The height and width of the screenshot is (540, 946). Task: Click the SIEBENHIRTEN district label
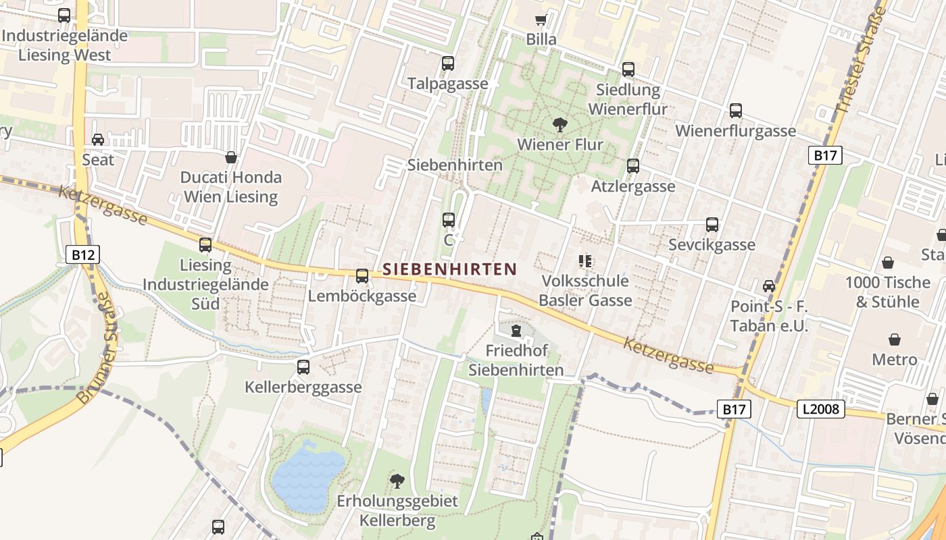click(x=449, y=269)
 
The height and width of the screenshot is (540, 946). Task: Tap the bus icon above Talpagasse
click(x=448, y=63)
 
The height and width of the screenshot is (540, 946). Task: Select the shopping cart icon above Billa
click(x=541, y=20)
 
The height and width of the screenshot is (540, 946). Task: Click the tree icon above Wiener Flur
click(x=559, y=124)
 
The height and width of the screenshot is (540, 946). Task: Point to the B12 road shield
click(x=83, y=255)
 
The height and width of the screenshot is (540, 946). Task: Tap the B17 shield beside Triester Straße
click(x=825, y=156)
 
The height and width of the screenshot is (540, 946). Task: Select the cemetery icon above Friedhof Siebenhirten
click(x=516, y=331)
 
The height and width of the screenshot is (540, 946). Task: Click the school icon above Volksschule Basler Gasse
click(x=585, y=261)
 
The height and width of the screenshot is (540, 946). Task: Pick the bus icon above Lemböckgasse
click(x=362, y=275)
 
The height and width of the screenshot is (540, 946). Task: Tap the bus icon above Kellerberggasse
click(x=303, y=367)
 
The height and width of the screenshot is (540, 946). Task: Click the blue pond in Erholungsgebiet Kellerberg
click(x=307, y=476)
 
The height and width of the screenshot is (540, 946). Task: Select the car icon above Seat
click(x=98, y=140)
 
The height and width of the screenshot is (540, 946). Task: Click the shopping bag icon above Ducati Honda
click(x=231, y=157)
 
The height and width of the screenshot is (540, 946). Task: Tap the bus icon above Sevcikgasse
click(x=712, y=225)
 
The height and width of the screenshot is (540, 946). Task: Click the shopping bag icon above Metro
click(x=894, y=339)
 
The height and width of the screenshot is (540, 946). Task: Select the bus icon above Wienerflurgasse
click(x=736, y=111)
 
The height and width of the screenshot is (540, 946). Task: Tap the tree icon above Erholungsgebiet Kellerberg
click(x=397, y=481)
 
